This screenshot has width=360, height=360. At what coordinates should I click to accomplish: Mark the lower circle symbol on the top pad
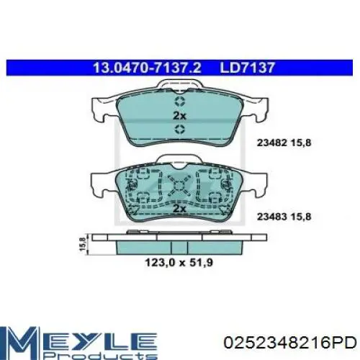[179, 130]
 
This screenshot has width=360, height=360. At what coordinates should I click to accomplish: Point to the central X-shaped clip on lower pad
[179, 187]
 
